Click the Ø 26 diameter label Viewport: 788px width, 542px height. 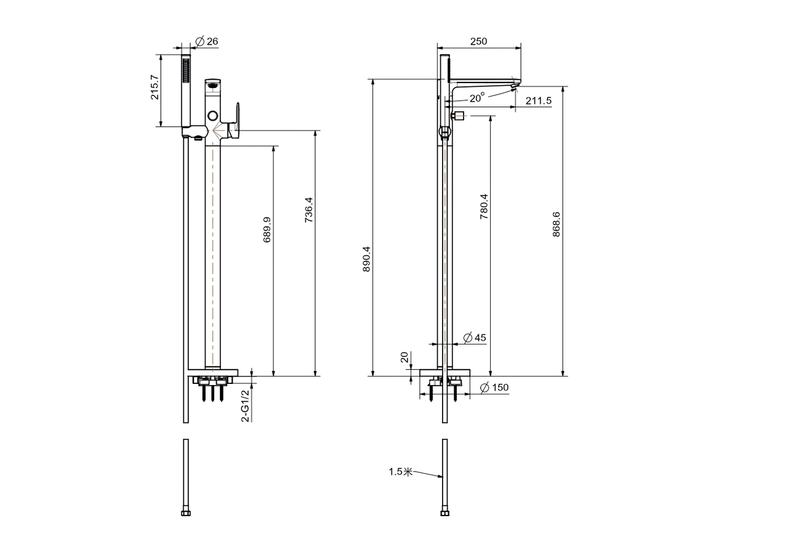(206, 41)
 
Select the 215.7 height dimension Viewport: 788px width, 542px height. (155, 87)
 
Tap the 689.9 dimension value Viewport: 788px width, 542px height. (267, 229)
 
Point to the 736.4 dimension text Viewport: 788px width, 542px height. (308, 210)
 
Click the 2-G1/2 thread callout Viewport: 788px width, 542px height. (245, 405)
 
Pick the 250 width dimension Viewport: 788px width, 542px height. (478, 41)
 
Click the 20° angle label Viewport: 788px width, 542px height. (477, 98)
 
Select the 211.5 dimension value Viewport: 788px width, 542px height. (538, 101)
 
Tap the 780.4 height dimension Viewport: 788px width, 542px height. (484, 206)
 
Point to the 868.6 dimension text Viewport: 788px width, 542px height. (556, 225)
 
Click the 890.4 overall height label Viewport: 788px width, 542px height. (366, 259)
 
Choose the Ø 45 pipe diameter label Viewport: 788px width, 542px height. (475, 338)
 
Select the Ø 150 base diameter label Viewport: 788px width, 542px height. (494, 388)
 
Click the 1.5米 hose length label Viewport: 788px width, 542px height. (400, 471)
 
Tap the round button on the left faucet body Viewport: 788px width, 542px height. (212, 115)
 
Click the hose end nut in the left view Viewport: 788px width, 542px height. (186, 513)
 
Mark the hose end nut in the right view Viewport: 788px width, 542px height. (444, 513)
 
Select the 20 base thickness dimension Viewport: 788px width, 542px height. (404, 357)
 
